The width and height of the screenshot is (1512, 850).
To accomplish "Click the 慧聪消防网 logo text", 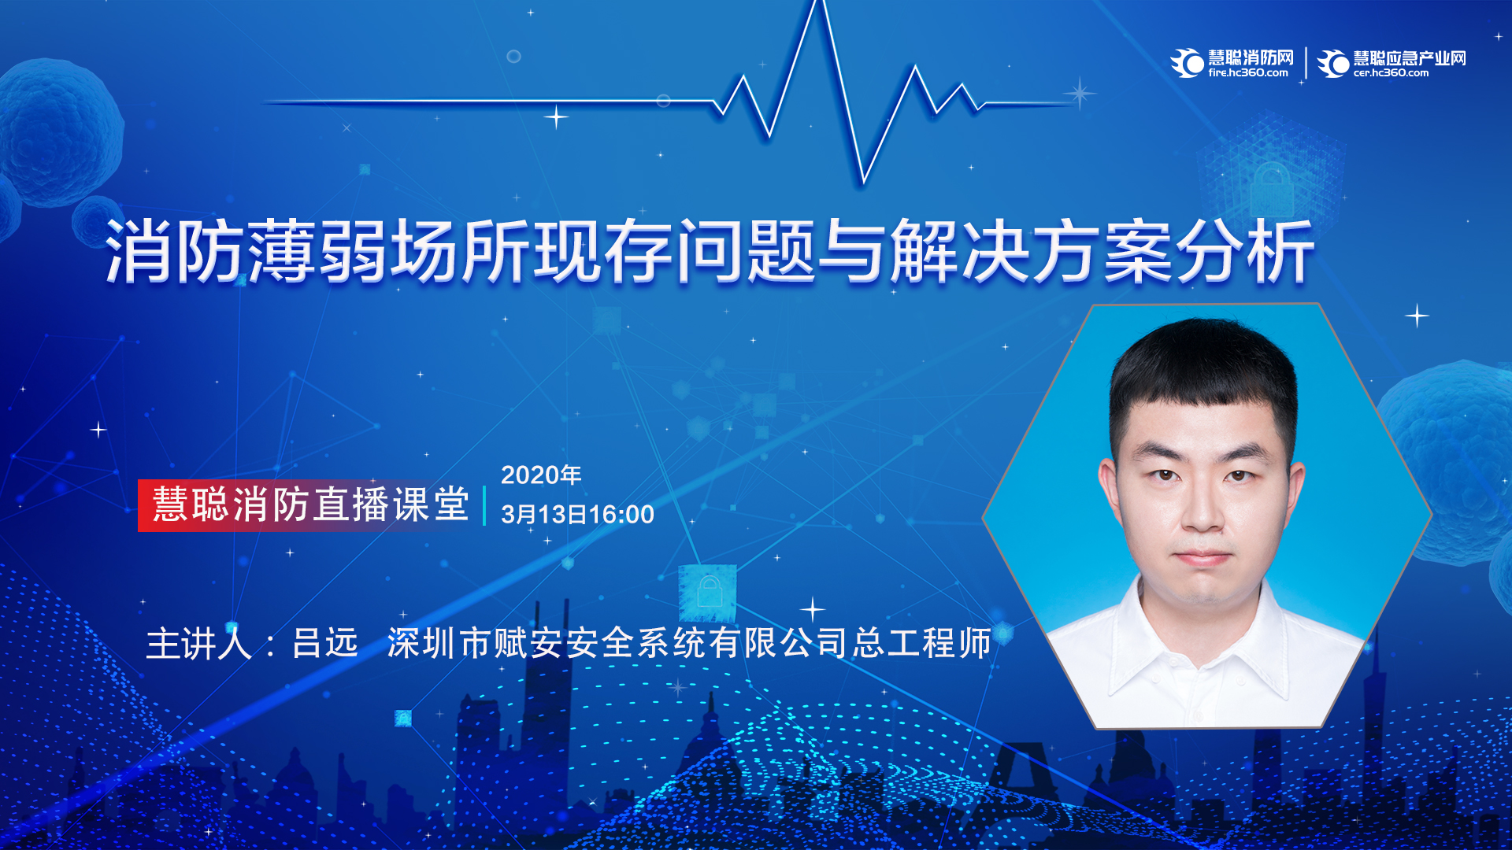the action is (x=1251, y=57).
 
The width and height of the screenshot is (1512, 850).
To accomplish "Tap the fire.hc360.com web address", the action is (x=1248, y=73).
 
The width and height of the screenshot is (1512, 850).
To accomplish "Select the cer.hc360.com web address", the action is (x=1391, y=73).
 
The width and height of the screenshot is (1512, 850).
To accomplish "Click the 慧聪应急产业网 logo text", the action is (x=1410, y=57).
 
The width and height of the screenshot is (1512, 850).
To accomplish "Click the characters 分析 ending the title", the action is (x=1245, y=251).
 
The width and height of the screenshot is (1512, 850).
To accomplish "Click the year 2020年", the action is (x=541, y=475).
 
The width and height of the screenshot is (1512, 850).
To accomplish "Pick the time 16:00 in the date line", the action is (x=621, y=515).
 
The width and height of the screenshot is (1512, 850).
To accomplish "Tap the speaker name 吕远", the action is (x=325, y=643).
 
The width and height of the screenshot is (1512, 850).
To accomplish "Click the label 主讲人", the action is (x=199, y=643).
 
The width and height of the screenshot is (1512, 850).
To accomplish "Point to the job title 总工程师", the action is (x=922, y=643).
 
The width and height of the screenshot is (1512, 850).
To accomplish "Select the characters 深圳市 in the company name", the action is (x=440, y=643).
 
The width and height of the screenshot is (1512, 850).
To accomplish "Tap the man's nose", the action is (x=1201, y=504).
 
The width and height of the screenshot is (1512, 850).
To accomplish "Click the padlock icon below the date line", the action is (x=709, y=592).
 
